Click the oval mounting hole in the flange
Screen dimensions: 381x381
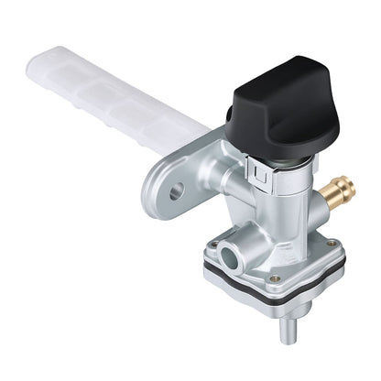point(176,190)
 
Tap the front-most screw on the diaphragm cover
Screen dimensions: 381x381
point(274,278)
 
